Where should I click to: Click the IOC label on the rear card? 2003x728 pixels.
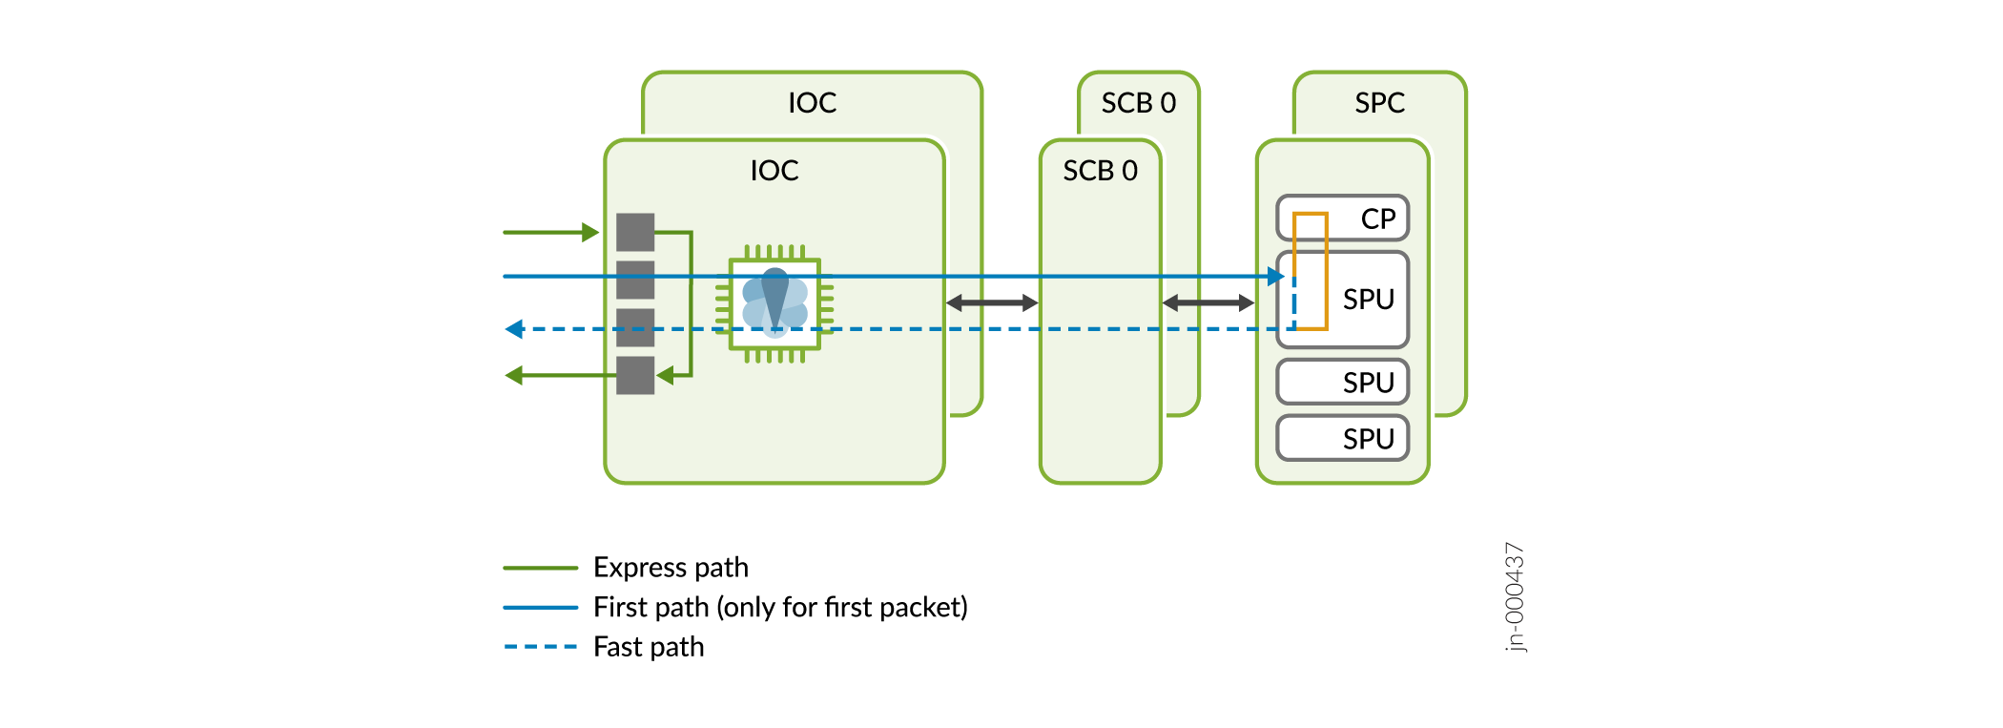tap(812, 102)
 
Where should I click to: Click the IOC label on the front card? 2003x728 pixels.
tap(774, 170)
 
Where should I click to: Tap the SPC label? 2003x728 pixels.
tap(1379, 102)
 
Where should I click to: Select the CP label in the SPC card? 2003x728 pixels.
tap(1377, 218)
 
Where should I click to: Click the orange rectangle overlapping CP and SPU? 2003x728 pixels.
tap(1311, 271)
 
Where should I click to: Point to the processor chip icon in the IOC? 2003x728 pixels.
tap(774, 304)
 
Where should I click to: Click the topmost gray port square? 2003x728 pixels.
tap(635, 232)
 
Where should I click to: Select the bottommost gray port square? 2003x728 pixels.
tap(635, 375)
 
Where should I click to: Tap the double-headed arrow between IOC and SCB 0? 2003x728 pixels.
tap(992, 302)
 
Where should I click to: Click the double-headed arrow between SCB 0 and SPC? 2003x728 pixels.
tap(1208, 302)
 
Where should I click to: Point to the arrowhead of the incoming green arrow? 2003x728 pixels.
tap(590, 232)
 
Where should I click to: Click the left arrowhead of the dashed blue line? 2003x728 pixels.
tap(514, 329)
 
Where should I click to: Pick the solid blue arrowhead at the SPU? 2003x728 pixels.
tap(1276, 276)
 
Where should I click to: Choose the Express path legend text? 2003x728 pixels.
tap(671, 567)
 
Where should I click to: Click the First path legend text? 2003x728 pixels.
tap(780, 607)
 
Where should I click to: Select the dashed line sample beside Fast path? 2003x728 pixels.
tap(540, 647)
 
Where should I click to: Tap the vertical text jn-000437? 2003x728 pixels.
tap(1515, 596)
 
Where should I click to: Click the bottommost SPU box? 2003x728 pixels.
tap(1342, 438)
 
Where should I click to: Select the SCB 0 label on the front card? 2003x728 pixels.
tap(1100, 170)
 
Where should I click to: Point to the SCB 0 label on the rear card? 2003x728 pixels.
tap(1138, 102)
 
